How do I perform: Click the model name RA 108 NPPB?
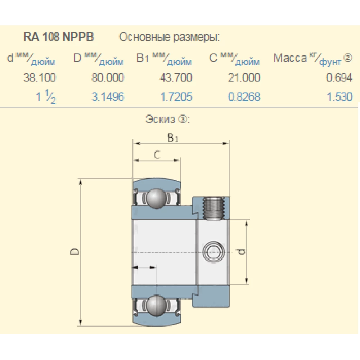coord(59,37)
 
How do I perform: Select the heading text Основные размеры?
coord(169,37)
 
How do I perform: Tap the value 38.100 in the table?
coord(40,77)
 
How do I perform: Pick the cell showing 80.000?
coord(108,77)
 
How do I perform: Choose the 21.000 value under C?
coord(243,77)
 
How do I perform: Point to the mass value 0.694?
coord(339,77)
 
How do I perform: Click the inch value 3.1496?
coord(108,97)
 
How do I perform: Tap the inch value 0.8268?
coord(243,97)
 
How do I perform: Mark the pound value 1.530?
coord(339,97)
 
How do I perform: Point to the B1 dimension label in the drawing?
coord(173,138)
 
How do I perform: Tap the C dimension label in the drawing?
coord(156,155)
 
